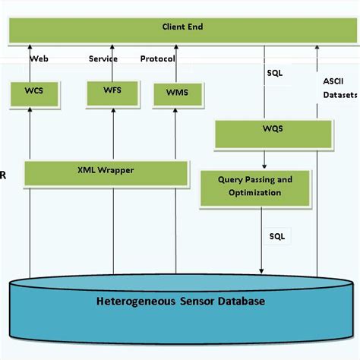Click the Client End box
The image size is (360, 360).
(x=182, y=28)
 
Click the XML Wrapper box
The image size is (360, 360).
(x=106, y=171)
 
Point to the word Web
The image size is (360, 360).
(x=39, y=58)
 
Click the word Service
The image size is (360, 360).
(x=103, y=58)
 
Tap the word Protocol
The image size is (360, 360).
(x=158, y=58)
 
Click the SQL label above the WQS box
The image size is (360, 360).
(x=275, y=74)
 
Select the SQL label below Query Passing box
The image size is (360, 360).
(x=276, y=236)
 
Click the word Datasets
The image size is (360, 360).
(x=338, y=96)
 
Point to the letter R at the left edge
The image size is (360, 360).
(x=3, y=175)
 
